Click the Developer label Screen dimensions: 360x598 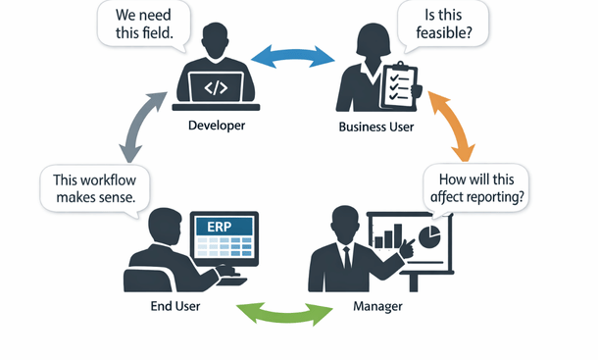point(217,127)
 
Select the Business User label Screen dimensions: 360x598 point(375,127)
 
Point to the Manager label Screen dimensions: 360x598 point(376,307)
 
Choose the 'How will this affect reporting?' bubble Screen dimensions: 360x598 point(477,186)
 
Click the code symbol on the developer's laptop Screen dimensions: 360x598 point(217,88)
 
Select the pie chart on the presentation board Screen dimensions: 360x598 point(428,235)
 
